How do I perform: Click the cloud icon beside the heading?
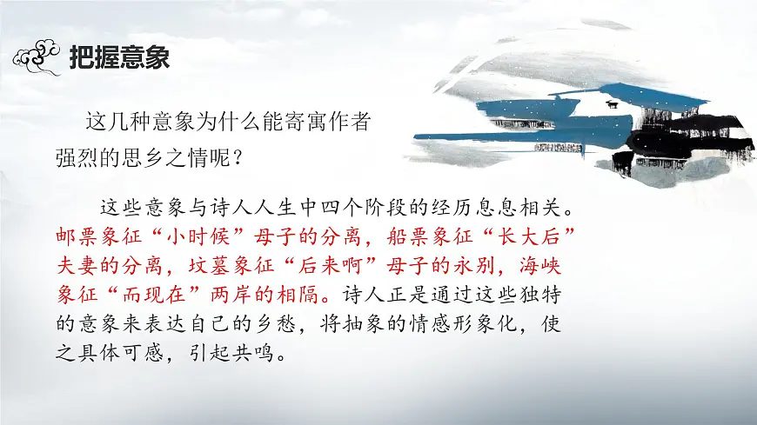[39, 58]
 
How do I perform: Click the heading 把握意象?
[119, 58]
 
